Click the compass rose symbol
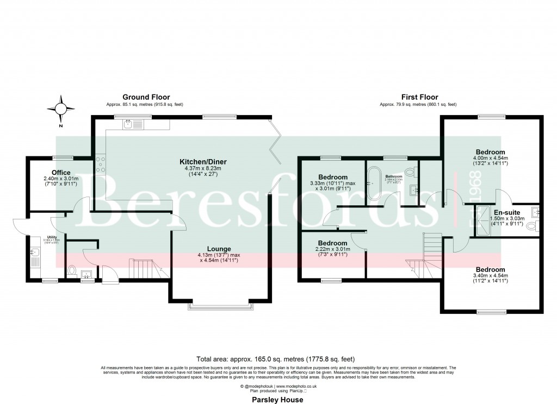tap(61, 108)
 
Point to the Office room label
tap(61, 173)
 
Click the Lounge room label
tap(218, 249)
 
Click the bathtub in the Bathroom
tap(374, 184)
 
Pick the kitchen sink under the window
tap(131, 124)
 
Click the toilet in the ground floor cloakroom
tap(72, 270)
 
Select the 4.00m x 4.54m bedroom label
tap(490, 151)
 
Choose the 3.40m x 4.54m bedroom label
tap(490, 269)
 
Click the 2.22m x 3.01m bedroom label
tap(332, 243)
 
